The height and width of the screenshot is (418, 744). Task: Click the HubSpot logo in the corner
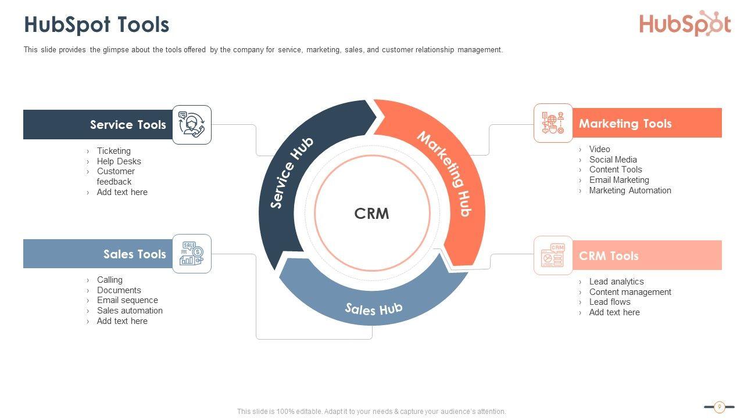685,24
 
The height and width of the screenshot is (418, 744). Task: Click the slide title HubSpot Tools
96,25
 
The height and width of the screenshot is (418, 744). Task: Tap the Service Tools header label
128,125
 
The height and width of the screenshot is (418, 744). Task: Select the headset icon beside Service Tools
192,125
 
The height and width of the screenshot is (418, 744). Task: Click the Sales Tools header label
135,254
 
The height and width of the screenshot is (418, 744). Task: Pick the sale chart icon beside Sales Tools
192,254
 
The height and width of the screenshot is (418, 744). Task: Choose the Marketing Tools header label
625,124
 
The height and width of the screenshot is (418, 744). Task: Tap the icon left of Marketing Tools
553,123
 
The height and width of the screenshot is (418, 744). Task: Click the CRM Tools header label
609,256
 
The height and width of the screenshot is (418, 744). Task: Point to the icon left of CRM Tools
553,255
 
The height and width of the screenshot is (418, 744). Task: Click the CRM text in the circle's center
372,214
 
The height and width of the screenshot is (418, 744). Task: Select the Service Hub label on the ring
292,172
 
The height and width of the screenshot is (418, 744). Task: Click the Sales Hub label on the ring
374,308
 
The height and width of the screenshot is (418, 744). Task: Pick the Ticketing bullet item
114,151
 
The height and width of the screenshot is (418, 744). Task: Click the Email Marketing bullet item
619,180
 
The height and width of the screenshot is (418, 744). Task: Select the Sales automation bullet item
130,311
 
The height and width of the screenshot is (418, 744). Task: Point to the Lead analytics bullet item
616,282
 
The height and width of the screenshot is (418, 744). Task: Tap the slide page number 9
719,407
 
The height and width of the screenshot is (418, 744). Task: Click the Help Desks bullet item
119,161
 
